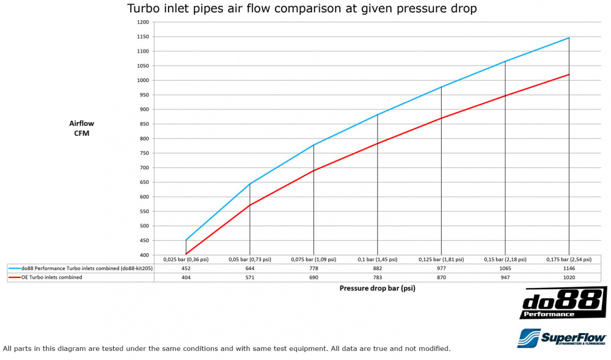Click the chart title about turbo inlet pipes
[x=302, y=9]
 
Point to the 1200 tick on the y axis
[x=142, y=22]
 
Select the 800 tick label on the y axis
[x=144, y=139]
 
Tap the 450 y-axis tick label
[x=144, y=240]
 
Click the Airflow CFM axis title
[x=81, y=128]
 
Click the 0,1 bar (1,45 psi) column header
[x=377, y=259]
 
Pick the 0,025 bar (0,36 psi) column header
[x=186, y=259]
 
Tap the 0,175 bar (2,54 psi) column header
[x=569, y=259]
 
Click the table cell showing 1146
[x=569, y=268]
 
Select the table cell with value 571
[x=249, y=277]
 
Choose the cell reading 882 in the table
[x=377, y=268]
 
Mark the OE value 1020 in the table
[x=569, y=277]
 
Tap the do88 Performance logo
[x=563, y=303]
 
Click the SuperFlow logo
[x=562, y=338]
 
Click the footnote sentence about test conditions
[x=227, y=349]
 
